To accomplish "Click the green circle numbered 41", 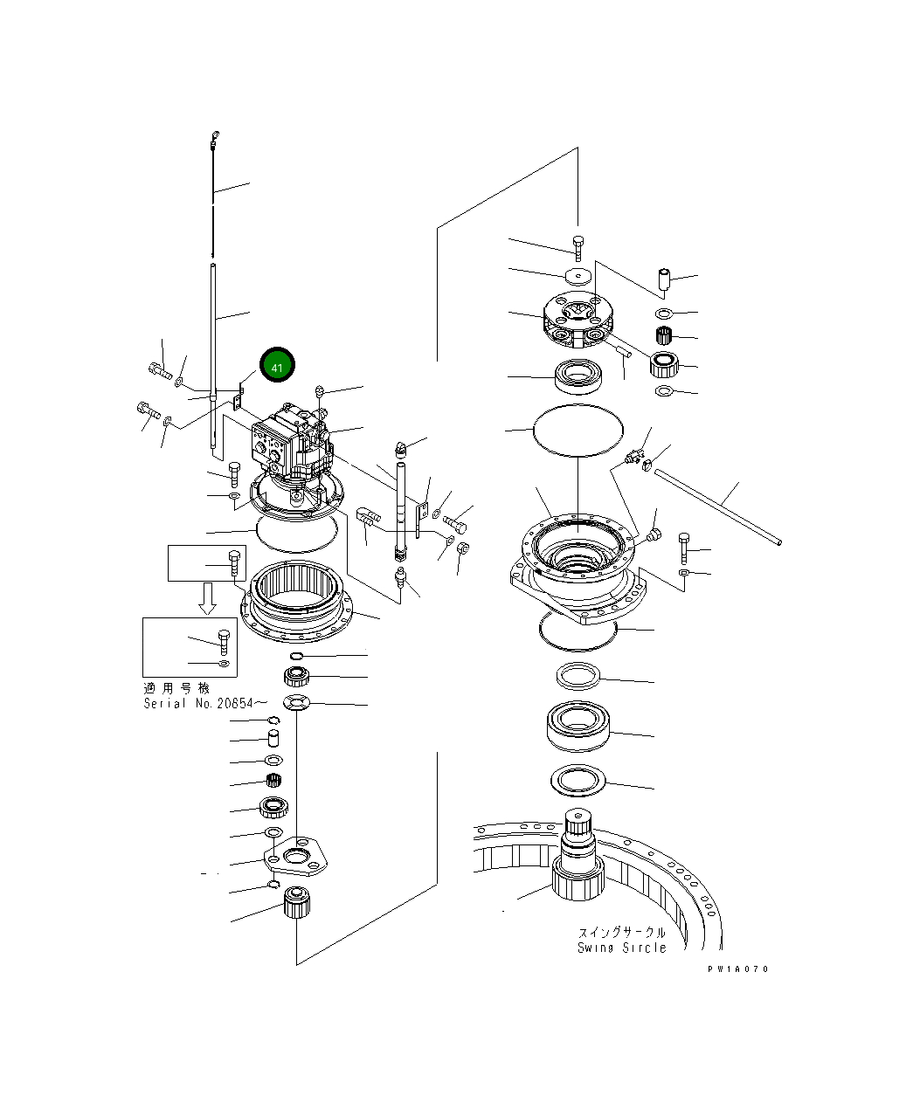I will (277, 367).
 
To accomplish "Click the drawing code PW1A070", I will (738, 969).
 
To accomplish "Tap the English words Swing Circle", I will (621, 948).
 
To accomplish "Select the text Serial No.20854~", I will (198, 703).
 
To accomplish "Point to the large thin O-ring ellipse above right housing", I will (578, 428).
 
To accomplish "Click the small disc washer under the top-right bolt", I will (577, 276).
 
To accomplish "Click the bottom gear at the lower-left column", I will (296, 900).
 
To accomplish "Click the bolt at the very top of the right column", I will (578, 245).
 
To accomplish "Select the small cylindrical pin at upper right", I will (665, 281).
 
